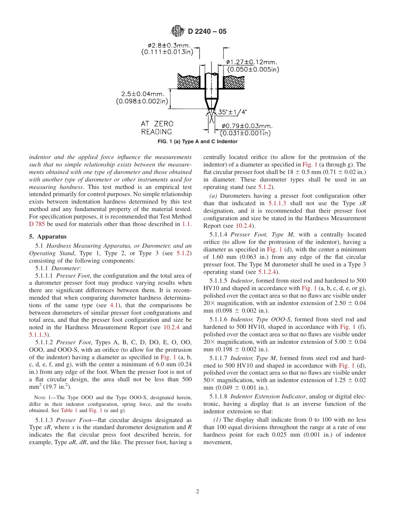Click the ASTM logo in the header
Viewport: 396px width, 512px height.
click(x=178, y=31)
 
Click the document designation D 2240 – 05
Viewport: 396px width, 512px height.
click(x=207, y=31)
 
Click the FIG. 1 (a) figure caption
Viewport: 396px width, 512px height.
click(x=198, y=142)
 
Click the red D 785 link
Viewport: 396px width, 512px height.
click(x=36, y=224)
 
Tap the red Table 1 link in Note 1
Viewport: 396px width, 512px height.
click(x=69, y=410)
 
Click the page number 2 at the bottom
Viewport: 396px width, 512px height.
click(x=198, y=491)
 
